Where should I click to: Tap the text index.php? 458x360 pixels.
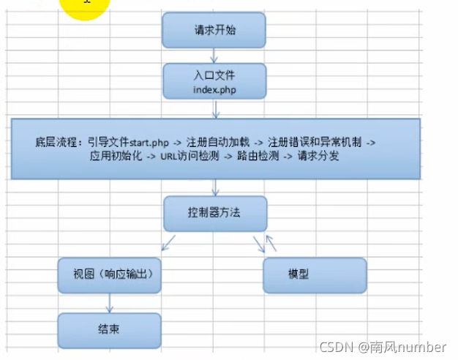point(214,89)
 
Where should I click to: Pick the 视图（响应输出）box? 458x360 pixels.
point(109,275)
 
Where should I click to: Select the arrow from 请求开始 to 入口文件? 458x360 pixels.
point(214,55)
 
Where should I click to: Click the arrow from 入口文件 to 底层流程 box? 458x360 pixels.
point(215,110)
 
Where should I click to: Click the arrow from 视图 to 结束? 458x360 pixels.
point(110,301)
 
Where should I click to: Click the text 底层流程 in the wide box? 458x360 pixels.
point(57,141)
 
